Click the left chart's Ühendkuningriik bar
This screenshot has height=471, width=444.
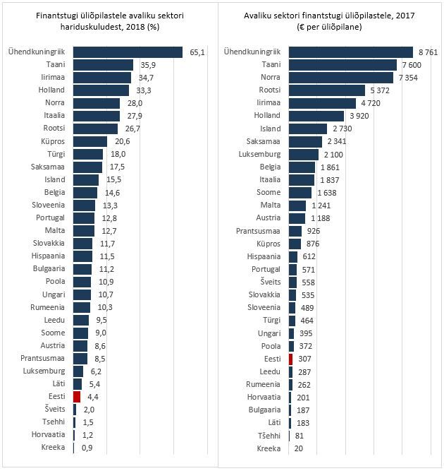(128, 52)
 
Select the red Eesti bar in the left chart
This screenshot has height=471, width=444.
(77, 396)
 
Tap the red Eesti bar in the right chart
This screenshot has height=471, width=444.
(290, 359)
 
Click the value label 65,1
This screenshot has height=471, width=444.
(197, 52)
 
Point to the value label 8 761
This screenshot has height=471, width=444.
(429, 52)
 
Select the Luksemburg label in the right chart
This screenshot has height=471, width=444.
(259, 154)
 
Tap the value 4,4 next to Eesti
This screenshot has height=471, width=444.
(92, 396)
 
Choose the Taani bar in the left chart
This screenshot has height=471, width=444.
(103, 64)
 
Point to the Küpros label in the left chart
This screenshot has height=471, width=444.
(51, 141)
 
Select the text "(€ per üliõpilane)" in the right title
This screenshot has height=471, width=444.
(330, 26)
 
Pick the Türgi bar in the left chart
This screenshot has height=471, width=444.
(88, 154)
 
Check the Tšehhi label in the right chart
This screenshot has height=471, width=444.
(268, 436)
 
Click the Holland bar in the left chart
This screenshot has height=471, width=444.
(101, 90)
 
